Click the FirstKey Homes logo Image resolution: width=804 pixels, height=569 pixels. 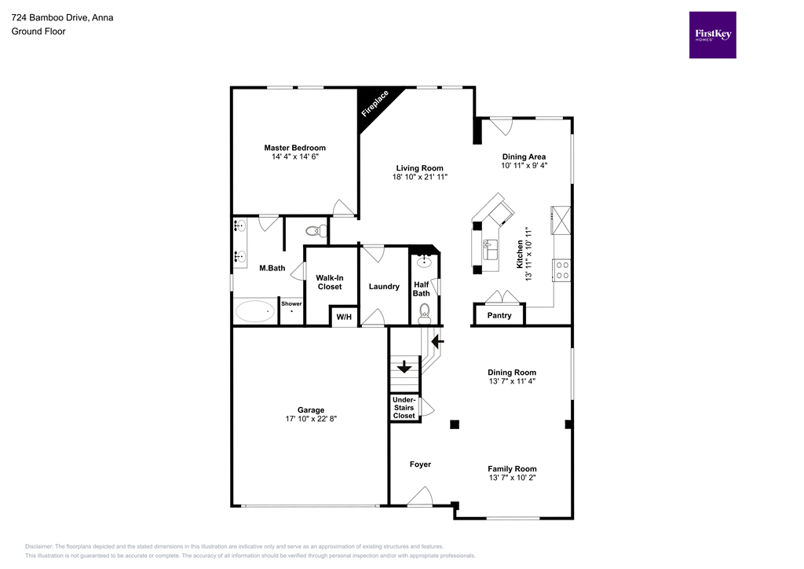(712, 35)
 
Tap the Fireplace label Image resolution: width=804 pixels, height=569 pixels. (375, 104)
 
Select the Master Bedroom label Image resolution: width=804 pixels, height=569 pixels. (294, 148)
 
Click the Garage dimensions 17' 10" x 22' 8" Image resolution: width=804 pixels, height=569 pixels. (311, 419)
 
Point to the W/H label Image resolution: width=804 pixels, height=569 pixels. (344, 317)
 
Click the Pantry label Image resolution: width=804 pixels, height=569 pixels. (499, 316)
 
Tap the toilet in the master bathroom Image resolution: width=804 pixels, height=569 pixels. (313, 231)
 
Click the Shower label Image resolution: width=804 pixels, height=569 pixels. (291, 303)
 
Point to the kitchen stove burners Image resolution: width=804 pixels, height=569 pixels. (562, 270)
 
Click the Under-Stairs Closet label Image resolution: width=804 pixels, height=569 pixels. (404, 408)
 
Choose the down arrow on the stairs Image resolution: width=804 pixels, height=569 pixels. (404, 366)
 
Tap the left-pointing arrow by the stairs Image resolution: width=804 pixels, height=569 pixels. (437, 340)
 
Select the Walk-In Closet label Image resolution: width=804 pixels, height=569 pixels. (330, 282)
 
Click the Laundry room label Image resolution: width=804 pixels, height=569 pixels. (384, 286)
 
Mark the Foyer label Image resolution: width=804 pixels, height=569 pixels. (420, 464)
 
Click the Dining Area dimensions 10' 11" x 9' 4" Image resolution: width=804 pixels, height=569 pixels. (524, 166)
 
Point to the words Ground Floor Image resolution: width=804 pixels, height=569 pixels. (38, 31)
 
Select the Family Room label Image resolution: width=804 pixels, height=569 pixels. (512, 468)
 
